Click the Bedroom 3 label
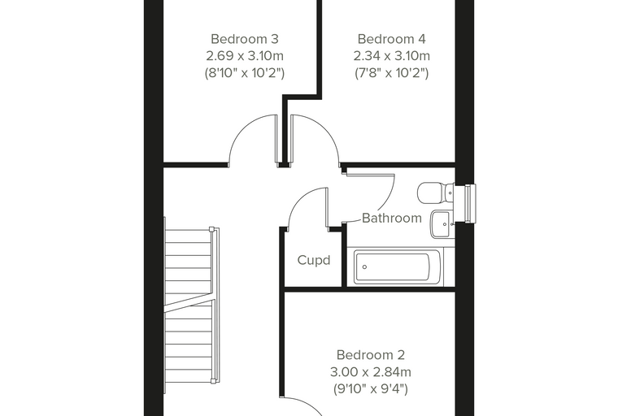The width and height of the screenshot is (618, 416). tap(245, 39)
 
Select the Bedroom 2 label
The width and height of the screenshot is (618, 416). tap(371, 355)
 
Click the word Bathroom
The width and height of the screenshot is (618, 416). tap(392, 218)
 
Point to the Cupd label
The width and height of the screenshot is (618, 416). tap(314, 260)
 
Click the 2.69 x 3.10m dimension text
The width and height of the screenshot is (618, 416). tap(245, 56)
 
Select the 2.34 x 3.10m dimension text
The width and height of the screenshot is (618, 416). tap(391, 56)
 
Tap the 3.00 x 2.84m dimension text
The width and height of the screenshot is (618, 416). tap(371, 372)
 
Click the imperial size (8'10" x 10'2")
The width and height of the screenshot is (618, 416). tap(245, 73)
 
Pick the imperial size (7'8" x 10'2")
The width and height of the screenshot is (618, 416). tap(391, 73)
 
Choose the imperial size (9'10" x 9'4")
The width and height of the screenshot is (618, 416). tap(371, 389)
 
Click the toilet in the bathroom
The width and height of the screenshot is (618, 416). tap(436, 193)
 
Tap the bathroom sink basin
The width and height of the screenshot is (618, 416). tap(442, 224)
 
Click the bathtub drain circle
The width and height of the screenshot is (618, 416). tap(364, 267)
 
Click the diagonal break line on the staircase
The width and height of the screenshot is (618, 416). tap(190, 302)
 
